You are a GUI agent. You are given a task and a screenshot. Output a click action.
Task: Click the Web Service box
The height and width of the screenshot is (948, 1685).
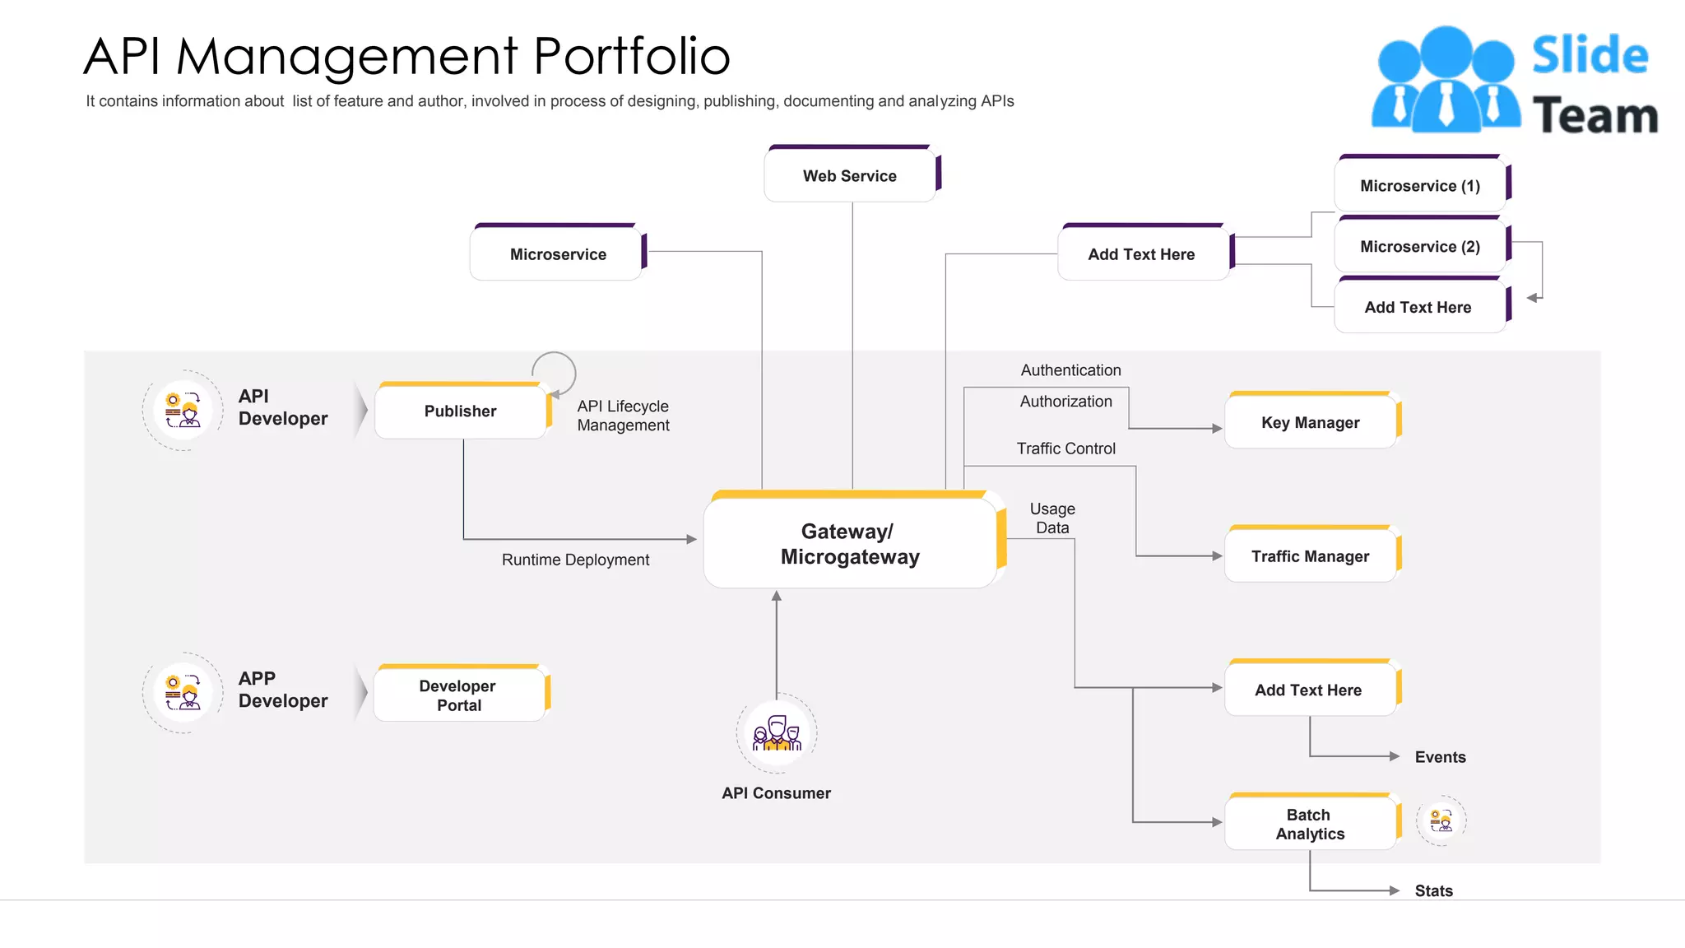tap(850, 175)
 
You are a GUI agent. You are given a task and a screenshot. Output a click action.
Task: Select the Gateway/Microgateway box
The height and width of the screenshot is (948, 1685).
tap(850, 543)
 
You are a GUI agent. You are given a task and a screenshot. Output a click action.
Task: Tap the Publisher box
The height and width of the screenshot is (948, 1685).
tap(460, 411)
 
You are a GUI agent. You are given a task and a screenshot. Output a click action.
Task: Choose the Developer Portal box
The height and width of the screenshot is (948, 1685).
tap(458, 695)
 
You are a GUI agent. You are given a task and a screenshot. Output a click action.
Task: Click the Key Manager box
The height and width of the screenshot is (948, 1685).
tap(1310, 422)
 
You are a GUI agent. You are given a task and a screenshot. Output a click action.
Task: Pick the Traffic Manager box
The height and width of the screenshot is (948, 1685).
tap(1310, 556)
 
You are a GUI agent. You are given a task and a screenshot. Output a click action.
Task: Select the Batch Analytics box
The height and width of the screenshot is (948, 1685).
tap(1310, 824)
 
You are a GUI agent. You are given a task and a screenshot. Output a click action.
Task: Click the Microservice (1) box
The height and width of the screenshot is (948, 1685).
tap(1419, 186)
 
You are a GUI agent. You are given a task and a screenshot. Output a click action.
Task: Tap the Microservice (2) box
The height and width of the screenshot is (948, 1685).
tap(1419, 247)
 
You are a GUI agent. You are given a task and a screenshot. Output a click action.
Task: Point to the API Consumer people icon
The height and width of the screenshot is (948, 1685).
tap(777, 732)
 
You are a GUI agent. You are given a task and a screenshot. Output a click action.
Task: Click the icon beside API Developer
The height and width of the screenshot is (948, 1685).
tap(183, 410)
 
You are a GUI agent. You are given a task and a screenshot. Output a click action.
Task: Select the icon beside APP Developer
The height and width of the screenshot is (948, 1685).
tap(183, 692)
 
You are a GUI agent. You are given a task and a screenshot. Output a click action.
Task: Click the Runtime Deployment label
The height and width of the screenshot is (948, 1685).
tap(575, 560)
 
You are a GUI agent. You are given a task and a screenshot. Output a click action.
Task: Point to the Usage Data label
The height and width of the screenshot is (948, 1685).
tap(1052, 518)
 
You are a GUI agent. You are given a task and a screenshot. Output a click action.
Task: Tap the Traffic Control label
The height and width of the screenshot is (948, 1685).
tap(1065, 448)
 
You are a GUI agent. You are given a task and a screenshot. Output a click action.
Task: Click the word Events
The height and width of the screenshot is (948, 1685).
tap(1440, 757)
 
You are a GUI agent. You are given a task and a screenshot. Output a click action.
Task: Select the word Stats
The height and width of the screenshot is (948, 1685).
tap(1433, 890)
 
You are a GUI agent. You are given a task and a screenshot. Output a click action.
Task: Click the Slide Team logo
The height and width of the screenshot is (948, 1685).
tap(1514, 81)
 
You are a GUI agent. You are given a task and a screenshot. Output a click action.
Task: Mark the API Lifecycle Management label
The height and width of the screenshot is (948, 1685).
tap(623, 416)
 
